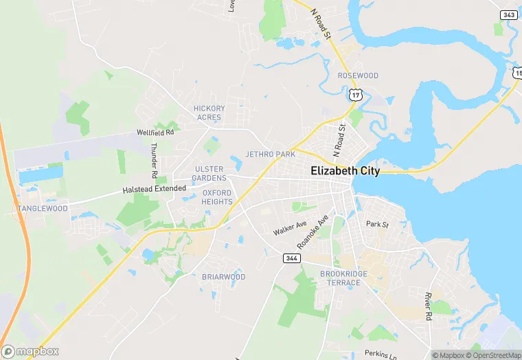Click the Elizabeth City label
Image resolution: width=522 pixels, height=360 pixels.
[x=345, y=171]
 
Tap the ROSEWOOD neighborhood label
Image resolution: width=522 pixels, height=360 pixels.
[x=358, y=75]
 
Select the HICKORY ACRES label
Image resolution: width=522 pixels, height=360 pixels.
[x=209, y=113]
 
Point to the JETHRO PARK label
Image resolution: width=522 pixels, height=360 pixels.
[x=270, y=155]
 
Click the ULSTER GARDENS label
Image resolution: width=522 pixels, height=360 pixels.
[x=209, y=173]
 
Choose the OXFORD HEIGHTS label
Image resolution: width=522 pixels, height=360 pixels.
[x=216, y=197]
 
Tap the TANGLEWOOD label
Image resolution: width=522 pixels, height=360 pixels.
[x=43, y=208]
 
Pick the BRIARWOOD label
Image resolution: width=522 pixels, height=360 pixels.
[x=223, y=277]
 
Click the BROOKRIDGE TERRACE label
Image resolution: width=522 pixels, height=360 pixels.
[x=343, y=278]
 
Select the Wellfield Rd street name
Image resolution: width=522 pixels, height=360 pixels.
[x=156, y=132]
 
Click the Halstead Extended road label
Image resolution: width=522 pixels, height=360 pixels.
[x=154, y=189]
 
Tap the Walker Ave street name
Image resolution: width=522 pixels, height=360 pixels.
[x=289, y=228]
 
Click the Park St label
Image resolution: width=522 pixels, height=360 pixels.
[x=377, y=224]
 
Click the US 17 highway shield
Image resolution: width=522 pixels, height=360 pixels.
[x=354, y=95]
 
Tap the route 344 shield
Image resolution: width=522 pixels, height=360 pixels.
[x=290, y=258]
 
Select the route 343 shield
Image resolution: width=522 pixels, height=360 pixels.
[x=509, y=14]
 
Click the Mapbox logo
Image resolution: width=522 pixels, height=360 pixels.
[x=30, y=351]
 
